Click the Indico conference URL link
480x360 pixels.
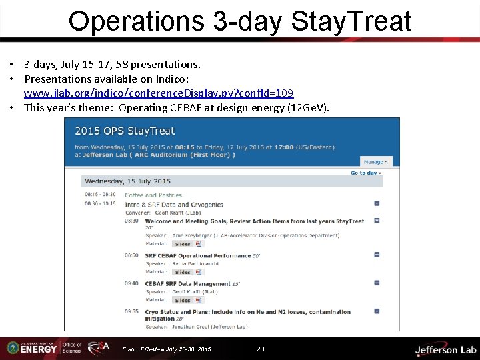point(159,93)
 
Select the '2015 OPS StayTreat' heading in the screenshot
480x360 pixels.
point(125,131)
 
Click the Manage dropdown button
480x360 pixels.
point(377,161)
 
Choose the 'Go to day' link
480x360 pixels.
point(365,173)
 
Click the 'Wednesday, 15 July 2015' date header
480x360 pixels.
point(127,181)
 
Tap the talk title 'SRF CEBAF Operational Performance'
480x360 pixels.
point(188,255)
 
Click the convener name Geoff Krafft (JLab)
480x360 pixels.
point(188,211)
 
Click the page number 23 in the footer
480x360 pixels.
point(261,349)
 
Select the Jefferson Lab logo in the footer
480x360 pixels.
point(445,349)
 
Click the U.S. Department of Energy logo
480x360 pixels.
point(31,348)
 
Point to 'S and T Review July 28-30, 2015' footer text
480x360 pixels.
point(167,349)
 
